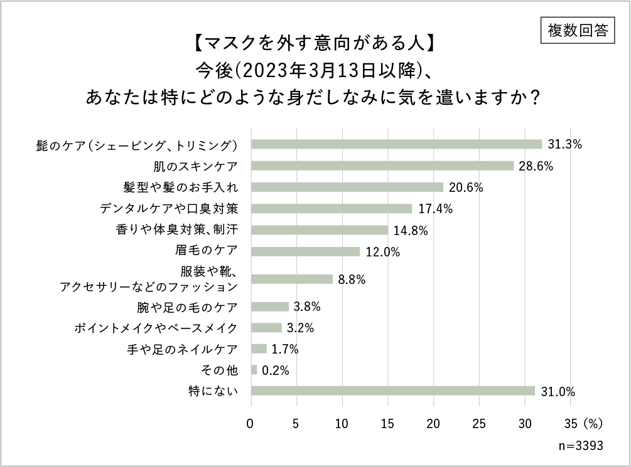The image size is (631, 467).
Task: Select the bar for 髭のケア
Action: click(396, 144)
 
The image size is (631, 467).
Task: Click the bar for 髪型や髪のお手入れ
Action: click(347, 187)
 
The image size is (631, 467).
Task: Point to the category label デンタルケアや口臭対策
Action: click(169, 208)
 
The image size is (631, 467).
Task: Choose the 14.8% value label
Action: click(411, 230)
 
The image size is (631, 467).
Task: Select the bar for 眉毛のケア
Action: click(306, 251)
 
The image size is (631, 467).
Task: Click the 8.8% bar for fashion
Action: click(292, 279)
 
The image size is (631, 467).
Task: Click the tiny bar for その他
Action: click(254, 370)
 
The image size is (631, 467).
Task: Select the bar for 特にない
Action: click(393, 391)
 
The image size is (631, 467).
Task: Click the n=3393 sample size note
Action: click(580, 446)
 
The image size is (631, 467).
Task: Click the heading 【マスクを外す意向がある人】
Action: click(311, 45)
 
